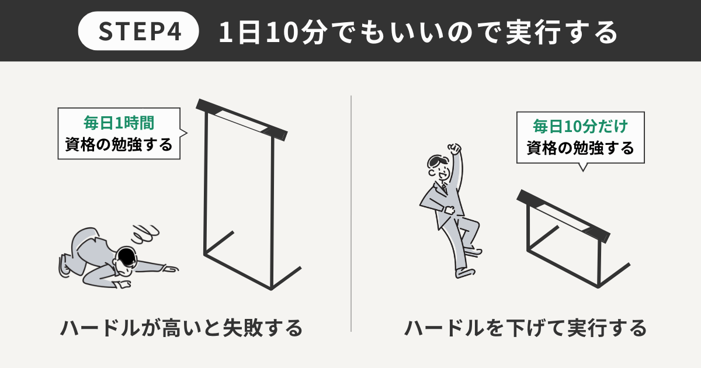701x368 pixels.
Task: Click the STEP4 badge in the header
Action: coord(138,31)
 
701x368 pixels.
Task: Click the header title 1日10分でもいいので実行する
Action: coord(418,32)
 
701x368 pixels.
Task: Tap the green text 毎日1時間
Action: coord(119,123)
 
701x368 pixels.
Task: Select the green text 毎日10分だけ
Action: coord(580,126)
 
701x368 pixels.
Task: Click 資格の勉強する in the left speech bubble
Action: coord(119,145)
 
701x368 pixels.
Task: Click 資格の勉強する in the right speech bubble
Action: coord(580,148)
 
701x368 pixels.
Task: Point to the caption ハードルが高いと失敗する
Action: coord(181,328)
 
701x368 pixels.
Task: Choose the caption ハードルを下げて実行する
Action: coord(525,328)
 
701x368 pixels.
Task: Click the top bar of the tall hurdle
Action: coord(242,120)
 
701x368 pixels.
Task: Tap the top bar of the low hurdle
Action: coord(563,216)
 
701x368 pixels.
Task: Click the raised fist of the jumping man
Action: coord(455,148)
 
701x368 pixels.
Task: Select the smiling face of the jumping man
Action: coord(440,171)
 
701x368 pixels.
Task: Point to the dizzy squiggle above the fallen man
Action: coord(145,234)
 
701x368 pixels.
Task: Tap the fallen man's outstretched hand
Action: coord(171,269)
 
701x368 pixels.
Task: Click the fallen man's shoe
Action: coord(64,265)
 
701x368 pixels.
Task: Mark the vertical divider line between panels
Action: coord(351,213)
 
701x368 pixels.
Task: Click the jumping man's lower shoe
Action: coord(465,273)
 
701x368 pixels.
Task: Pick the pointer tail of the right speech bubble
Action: coord(583,167)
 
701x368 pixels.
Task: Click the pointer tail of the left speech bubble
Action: coord(183,133)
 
